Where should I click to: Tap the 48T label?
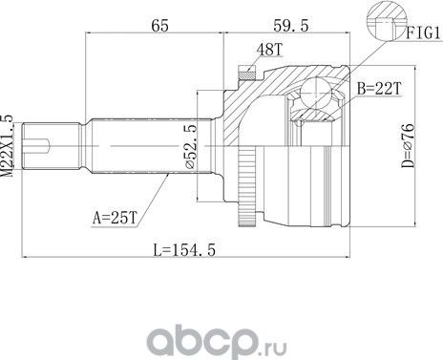(x=270, y=48)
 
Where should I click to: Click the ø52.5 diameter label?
(x=191, y=147)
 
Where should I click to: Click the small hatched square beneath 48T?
(x=247, y=69)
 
